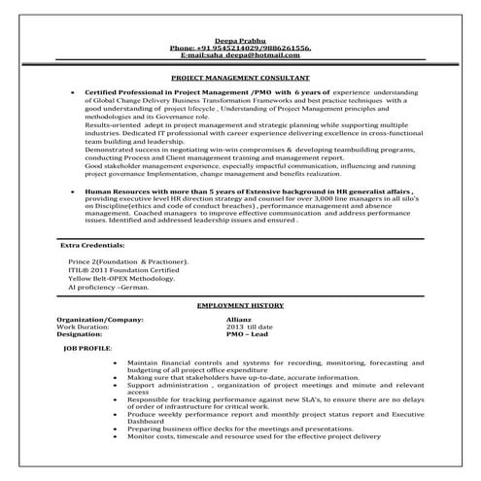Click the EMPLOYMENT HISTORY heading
point(239,305)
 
